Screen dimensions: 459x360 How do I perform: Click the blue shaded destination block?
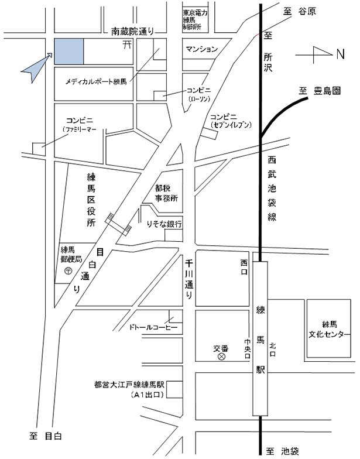point(68,52)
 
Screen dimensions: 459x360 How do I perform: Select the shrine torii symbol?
point(125,45)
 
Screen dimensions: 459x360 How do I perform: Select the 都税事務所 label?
point(166,194)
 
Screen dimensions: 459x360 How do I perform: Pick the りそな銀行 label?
point(166,225)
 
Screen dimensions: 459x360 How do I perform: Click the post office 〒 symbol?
point(68,271)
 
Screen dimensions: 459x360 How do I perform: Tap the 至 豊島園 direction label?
point(320,90)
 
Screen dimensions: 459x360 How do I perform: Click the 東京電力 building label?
point(196,19)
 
